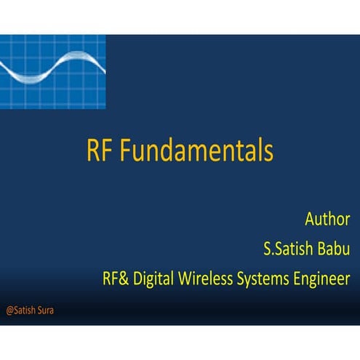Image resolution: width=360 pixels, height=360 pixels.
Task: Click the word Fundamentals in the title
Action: coord(196,151)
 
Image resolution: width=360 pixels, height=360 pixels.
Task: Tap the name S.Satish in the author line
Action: coord(289,249)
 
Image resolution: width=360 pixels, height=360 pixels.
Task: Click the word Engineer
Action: coord(324,278)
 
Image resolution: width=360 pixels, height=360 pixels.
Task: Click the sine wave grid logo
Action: coord(52,71)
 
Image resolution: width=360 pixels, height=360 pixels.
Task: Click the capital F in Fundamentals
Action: coord(124,151)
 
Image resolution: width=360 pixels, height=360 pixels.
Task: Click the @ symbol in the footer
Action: coord(9,310)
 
